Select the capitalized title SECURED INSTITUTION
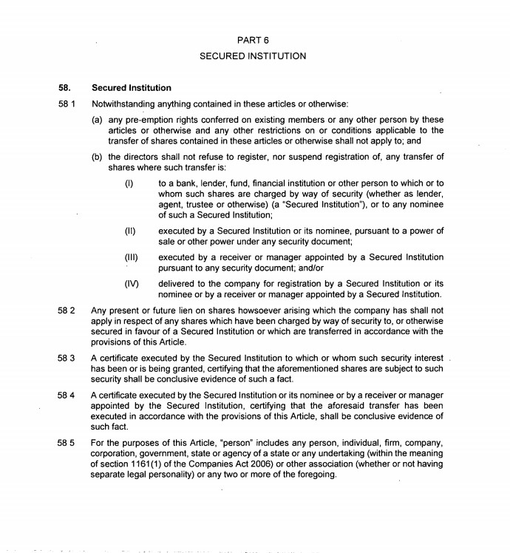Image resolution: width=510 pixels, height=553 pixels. [x=253, y=55]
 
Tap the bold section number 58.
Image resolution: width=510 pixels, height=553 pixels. [x=64, y=88]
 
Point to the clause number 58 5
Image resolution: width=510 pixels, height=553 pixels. [x=67, y=443]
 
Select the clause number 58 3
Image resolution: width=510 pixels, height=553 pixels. [x=67, y=359]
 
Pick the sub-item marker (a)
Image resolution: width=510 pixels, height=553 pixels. [x=97, y=120]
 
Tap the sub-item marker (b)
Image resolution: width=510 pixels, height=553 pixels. [x=97, y=156]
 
